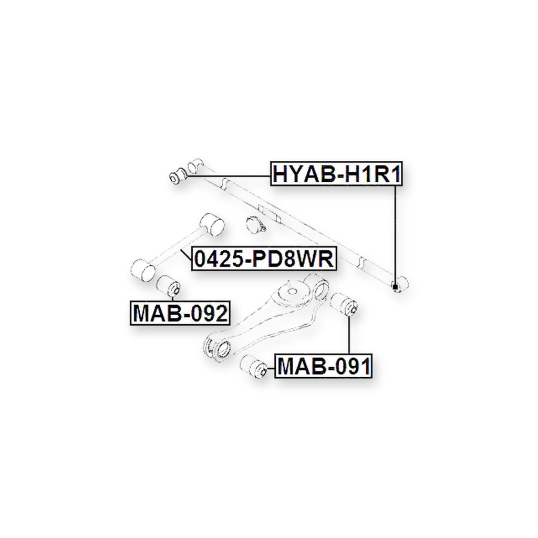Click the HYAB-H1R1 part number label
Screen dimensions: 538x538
click(336, 173)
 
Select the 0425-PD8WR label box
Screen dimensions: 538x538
click(264, 259)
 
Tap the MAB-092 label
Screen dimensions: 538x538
click(180, 313)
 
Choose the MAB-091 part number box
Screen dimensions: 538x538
click(323, 366)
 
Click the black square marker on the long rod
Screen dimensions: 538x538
click(395, 286)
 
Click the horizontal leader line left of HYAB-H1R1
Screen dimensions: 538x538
click(228, 176)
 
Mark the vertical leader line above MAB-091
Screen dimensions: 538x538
click(349, 334)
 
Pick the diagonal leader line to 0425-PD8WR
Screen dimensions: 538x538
click(187, 255)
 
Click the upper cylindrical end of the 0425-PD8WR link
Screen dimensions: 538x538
click(212, 224)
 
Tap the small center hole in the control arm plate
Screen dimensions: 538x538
click(292, 292)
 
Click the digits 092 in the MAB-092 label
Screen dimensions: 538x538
click(208, 313)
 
